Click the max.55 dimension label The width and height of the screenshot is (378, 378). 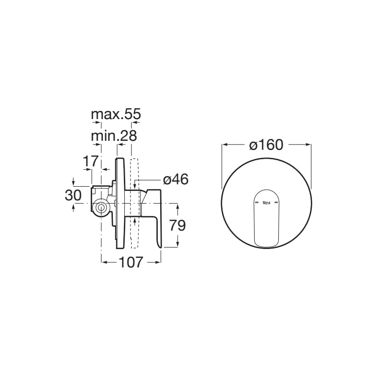click(116, 114)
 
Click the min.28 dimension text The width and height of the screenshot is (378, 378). click(114, 136)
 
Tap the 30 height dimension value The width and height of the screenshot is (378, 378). click(73, 195)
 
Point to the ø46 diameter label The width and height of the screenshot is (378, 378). click(175, 180)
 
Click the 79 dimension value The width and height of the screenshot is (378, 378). click(178, 225)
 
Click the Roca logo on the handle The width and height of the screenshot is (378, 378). click(266, 202)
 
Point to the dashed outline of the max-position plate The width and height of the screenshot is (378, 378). click(134, 203)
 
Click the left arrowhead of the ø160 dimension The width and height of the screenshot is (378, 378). click(224, 145)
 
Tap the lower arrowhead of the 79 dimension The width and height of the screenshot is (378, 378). click(178, 245)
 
